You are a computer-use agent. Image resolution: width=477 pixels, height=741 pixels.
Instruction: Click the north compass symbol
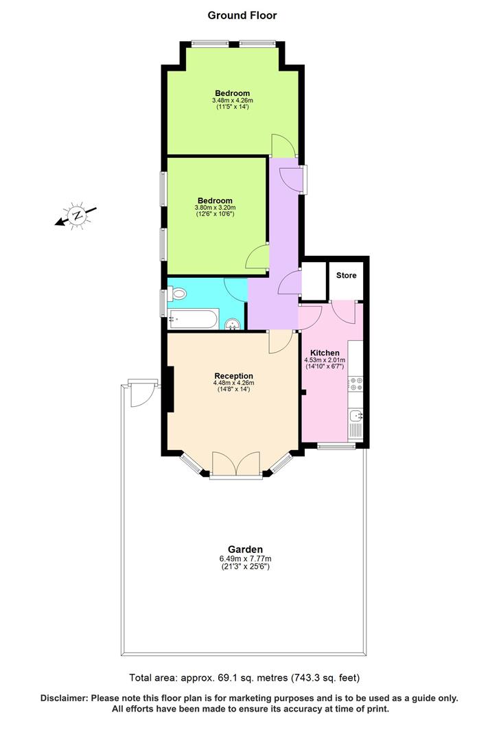pyautogui.click(x=78, y=215)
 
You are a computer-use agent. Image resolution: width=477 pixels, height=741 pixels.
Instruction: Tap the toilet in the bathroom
pyautogui.click(x=178, y=294)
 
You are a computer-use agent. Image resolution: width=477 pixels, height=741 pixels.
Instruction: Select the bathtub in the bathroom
pyautogui.click(x=193, y=319)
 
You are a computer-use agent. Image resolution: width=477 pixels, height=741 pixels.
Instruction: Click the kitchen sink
pyautogui.click(x=356, y=415)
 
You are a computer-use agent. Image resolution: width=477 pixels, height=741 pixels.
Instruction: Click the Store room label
pyautogui.click(x=346, y=276)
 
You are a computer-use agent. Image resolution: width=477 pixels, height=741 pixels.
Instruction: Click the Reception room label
pyautogui.click(x=233, y=376)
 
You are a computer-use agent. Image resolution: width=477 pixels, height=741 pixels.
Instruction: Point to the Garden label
pyautogui.click(x=245, y=550)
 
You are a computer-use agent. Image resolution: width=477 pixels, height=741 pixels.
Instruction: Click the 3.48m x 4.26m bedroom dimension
pyautogui.click(x=232, y=102)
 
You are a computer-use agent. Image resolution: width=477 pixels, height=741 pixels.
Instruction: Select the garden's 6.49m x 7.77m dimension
pyautogui.click(x=245, y=558)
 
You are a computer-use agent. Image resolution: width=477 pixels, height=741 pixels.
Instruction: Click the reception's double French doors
pyautogui.click(x=235, y=464)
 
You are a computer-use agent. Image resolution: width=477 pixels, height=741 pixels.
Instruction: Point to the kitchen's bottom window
pyautogui.click(x=336, y=447)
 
